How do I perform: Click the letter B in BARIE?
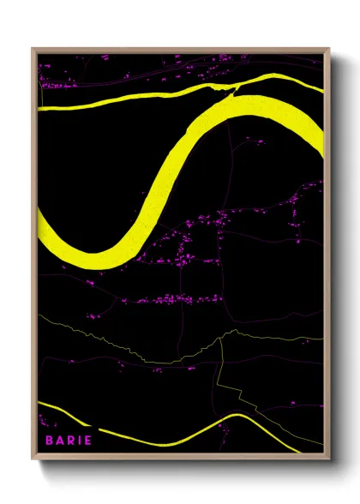pyautogui.click(x=50, y=440)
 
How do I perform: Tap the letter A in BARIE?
pyautogui.click(x=62, y=440)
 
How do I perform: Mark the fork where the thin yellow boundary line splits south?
pyautogui.click(x=221, y=338)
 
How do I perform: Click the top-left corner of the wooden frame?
pyautogui.click(x=33, y=49)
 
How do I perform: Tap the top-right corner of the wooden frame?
pyautogui.click(x=329, y=49)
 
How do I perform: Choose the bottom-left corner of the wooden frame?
pyautogui.click(x=33, y=459)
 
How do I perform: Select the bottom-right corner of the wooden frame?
pyautogui.click(x=329, y=459)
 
